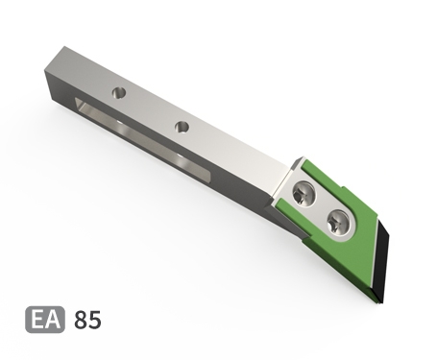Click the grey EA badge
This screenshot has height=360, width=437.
(x=45, y=320)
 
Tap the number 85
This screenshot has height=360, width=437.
(x=87, y=320)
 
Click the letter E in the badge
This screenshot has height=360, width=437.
(x=37, y=320)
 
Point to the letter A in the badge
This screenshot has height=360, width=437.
(x=53, y=320)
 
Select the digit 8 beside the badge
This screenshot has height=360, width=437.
(x=81, y=320)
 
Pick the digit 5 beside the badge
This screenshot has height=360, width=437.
(x=95, y=320)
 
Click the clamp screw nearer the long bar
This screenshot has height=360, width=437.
(x=303, y=194)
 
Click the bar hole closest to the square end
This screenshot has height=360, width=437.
(x=119, y=93)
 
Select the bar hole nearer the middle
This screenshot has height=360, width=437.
(x=182, y=127)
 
